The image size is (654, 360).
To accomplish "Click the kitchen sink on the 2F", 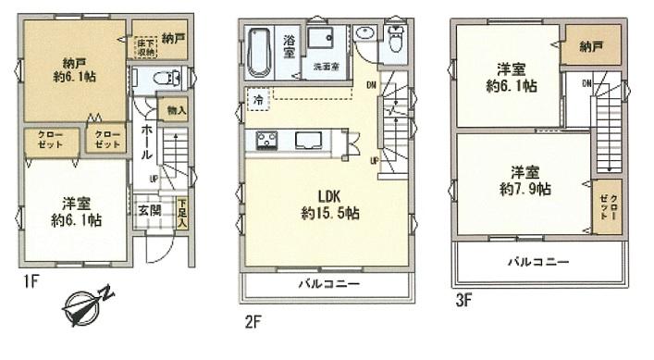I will click(x=307, y=141).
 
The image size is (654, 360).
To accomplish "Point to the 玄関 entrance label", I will click(x=149, y=210).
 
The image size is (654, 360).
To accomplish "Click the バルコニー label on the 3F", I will click(x=537, y=262).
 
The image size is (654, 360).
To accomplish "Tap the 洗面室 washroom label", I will click(x=327, y=66).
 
